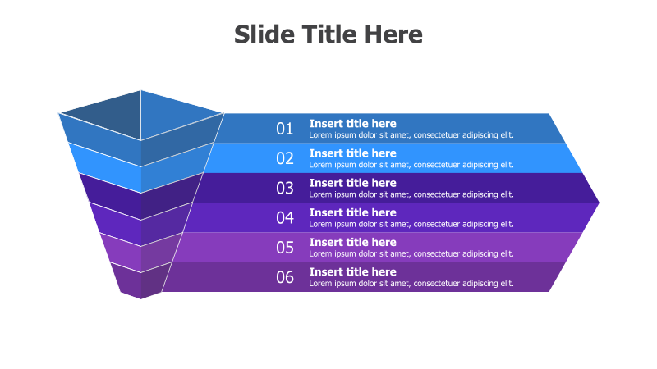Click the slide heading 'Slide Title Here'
[328, 34]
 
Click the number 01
[284, 129]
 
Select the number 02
[284, 158]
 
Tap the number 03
[284, 188]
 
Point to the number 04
[284, 217]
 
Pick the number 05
[284, 247]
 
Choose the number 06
[284, 277]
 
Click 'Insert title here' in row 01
[352, 124]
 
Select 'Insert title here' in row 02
[352, 153]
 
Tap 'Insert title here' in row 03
[352, 183]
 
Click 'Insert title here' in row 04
[352, 212]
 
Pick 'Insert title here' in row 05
[352, 242]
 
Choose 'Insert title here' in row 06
[352, 271]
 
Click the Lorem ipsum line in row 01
[411, 135]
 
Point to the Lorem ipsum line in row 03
[411, 194]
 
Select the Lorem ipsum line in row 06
[411, 284]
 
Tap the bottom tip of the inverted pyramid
[140, 297]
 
